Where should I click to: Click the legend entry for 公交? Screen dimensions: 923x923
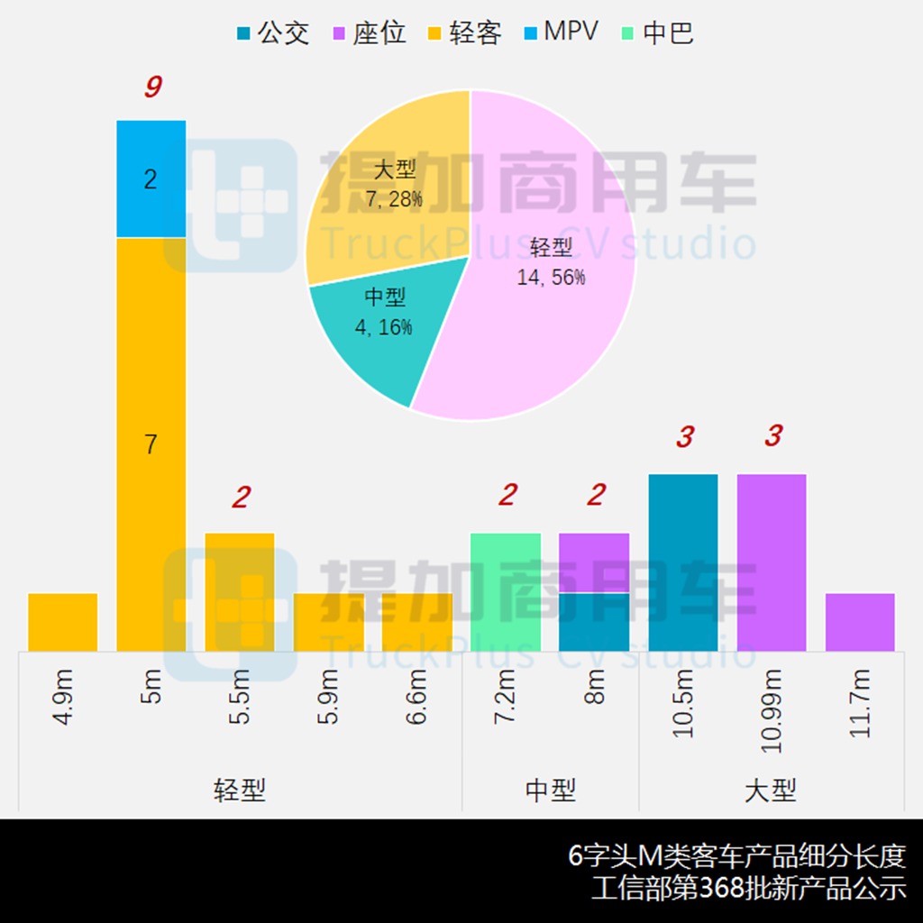click(272, 33)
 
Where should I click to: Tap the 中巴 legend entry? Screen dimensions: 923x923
click(657, 33)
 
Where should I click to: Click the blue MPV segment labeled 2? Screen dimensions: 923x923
click(151, 178)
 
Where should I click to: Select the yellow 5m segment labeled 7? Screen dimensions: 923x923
click(151, 443)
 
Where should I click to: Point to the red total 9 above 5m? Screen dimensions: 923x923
click(152, 88)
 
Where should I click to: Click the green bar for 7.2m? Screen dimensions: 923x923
click(506, 591)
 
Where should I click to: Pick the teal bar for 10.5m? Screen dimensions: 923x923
click(683, 562)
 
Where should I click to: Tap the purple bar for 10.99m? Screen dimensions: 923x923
click(772, 562)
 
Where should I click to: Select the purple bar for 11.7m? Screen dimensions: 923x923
click(860, 622)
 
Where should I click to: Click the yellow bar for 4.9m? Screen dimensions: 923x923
click(63, 622)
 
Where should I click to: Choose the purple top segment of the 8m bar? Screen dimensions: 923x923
click(594, 562)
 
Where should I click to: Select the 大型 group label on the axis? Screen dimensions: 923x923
click(771, 790)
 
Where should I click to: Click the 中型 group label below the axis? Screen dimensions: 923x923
click(550, 790)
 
